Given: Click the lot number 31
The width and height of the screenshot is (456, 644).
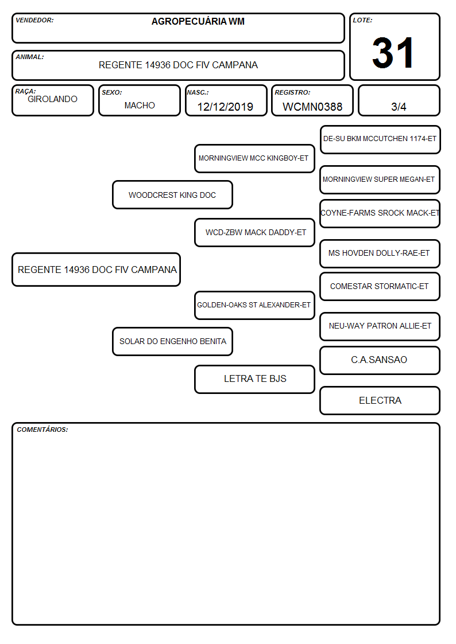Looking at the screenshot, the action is point(393,53).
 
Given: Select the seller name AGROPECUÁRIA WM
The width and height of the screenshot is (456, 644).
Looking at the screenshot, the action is point(198,21).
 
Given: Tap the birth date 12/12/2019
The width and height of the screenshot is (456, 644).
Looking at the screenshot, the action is point(225,107).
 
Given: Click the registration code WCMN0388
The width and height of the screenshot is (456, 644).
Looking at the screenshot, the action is point(312,107).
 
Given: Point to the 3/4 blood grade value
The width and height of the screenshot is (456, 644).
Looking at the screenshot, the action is point(399,107).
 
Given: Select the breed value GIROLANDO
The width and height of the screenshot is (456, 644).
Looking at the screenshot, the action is point(53,99).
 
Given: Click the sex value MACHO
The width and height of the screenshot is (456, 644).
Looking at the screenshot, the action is point(140,106).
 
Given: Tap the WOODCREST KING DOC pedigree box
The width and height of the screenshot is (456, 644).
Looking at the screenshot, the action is point(173,194).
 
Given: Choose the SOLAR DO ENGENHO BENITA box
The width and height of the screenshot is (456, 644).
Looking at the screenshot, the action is point(173,341).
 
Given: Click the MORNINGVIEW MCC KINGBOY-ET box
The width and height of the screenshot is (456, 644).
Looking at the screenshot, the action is point(254,158).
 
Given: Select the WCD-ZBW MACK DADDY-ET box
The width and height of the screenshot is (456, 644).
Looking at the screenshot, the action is point(254,232).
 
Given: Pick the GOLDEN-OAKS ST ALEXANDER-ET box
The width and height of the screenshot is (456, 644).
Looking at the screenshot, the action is point(254,305).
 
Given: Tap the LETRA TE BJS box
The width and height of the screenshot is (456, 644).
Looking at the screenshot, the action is point(254,379).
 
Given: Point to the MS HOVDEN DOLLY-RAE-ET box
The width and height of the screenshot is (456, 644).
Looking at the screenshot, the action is point(380,253).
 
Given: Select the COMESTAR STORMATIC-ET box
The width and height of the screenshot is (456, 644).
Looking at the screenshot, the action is point(380,286).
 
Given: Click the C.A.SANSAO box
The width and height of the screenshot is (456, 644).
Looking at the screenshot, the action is point(380,360).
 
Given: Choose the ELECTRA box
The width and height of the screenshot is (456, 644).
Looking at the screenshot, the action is point(380,400).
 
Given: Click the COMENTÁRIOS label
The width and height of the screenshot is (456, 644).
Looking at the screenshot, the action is point(42,430).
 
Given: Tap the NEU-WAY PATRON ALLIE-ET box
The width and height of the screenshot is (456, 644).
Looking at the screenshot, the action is point(380,326).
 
